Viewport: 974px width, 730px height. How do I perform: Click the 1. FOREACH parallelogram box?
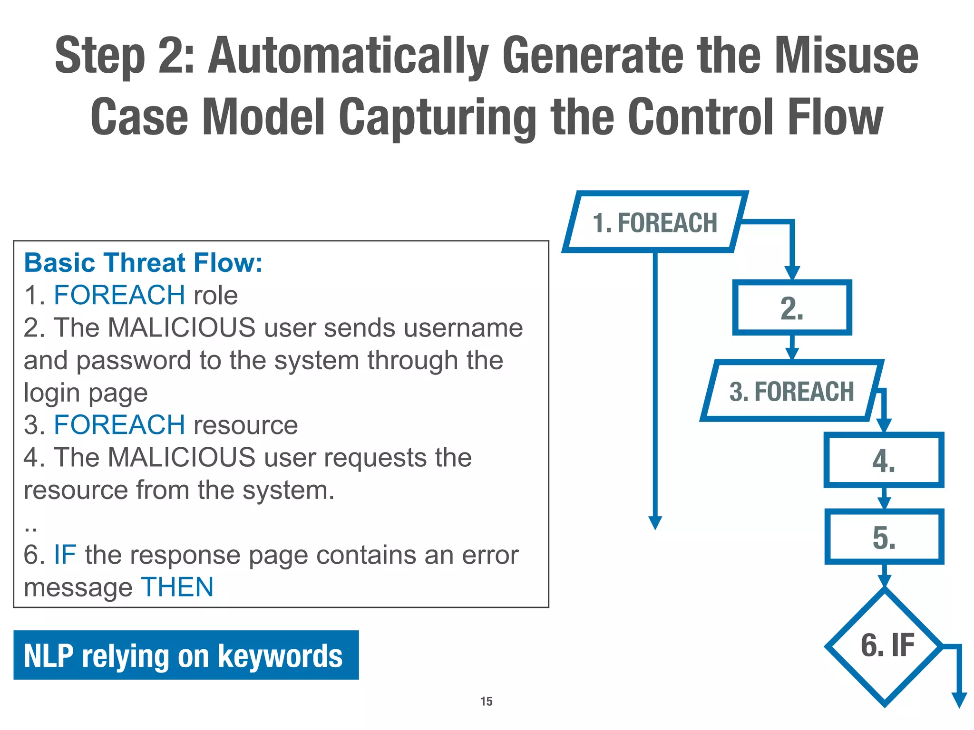coord(655,222)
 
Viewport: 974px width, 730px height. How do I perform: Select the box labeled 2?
coord(792,308)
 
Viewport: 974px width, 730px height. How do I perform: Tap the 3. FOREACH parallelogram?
coord(791,391)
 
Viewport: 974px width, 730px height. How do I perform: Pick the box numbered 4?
coord(884,460)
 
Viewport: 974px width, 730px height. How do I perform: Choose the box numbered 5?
coord(884,537)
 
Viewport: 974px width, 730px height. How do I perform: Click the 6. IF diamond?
coord(885,646)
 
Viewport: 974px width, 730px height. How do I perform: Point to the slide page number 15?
coord(486,701)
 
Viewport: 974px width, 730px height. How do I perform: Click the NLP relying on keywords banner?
coord(185,655)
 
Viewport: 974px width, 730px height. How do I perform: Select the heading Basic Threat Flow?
coord(143,263)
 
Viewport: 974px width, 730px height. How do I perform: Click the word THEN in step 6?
coord(177,587)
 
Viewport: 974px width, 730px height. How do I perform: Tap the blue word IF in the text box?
coord(65,555)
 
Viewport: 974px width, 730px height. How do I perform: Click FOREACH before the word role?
coord(119,295)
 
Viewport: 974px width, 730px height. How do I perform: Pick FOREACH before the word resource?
coord(119,425)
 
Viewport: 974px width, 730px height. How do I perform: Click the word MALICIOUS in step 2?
coord(182,327)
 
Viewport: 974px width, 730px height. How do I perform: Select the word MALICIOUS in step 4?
coord(182,457)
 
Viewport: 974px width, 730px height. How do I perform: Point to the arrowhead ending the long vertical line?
coord(655,523)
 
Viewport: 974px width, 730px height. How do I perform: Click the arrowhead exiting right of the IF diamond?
coord(959,700)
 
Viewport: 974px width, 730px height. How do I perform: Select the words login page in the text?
coord(86,393)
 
